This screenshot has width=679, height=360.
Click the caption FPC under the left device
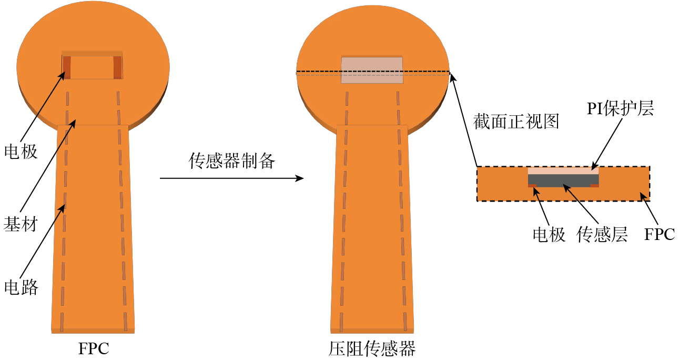[94, 348]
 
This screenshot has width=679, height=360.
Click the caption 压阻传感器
[372, 348]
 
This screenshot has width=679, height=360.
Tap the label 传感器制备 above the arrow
[232, 161]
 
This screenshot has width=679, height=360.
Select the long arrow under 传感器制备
[231, 178]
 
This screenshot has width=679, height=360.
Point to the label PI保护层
[620, 109]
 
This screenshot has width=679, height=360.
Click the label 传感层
[602, 234]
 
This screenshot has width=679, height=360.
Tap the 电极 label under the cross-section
[549, 234]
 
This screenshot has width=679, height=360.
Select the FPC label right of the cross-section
[660, 234]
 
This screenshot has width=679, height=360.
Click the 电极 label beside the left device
[21, 152]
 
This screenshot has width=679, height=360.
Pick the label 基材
[21, 224]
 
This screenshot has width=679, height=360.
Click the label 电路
[21, 287]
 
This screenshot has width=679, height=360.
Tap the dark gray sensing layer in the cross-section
[563, 180]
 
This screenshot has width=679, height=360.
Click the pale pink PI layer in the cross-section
[563, 171]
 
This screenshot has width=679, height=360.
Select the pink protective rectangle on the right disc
[372, 70]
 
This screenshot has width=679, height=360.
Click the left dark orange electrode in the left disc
[67, 67]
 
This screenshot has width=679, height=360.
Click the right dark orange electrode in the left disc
[117, 67]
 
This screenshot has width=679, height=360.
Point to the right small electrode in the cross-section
[594, 185]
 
